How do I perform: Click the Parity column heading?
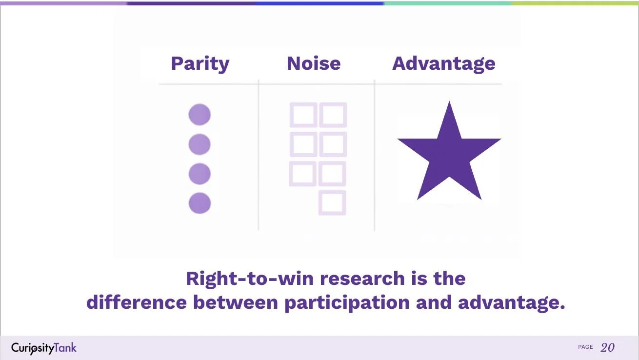point(200,63)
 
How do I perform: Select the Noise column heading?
point(314,63)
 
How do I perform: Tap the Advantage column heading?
point(443,63)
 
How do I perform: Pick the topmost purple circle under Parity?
point(200,115)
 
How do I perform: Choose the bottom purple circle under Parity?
point(200,203)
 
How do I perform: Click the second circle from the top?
point(200,144)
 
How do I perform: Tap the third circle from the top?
point(200,174)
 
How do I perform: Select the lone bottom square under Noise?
point(332,202)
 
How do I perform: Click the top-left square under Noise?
point(303,115)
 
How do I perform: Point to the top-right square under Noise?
point(333,115)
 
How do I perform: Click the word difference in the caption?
point(137,303)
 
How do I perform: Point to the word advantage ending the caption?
point(511,303)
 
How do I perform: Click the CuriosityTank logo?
point(44,348)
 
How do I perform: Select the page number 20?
point(607,347)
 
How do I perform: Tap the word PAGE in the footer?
point(585,347)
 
